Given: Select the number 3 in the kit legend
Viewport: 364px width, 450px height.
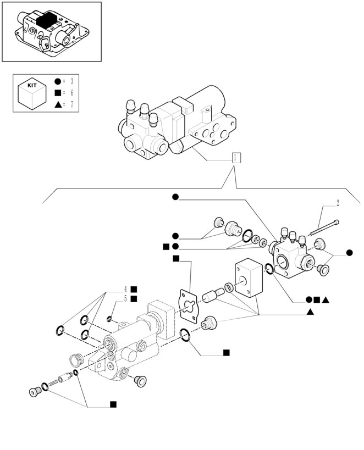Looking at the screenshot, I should tap(71, 82).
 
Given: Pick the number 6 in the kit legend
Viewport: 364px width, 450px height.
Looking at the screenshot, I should tap(71, 93).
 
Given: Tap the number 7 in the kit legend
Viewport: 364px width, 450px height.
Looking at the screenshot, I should tap(71, 104).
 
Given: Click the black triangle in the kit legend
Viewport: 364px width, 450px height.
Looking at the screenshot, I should tap(57, 104).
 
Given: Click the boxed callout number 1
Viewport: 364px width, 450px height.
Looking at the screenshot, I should tap(235, 158).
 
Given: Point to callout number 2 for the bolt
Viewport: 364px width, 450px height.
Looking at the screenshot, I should tap(338, 203).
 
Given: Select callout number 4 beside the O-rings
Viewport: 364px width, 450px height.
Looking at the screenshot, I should tap(125, 289).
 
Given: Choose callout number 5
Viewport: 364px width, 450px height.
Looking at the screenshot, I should tap(125, 299).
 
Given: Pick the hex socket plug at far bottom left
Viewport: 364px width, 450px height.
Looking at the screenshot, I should tap(35, 392).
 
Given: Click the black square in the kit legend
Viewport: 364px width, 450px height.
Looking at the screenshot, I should tap(57, 93).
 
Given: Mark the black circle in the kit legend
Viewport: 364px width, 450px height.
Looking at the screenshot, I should tap(57, 82).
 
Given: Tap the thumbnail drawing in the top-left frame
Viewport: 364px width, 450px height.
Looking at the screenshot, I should tap(51, 31).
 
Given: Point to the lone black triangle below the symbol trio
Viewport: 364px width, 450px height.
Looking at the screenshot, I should tap(311, 313).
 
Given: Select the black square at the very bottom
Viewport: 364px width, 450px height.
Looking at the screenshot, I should tap(113, 404).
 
